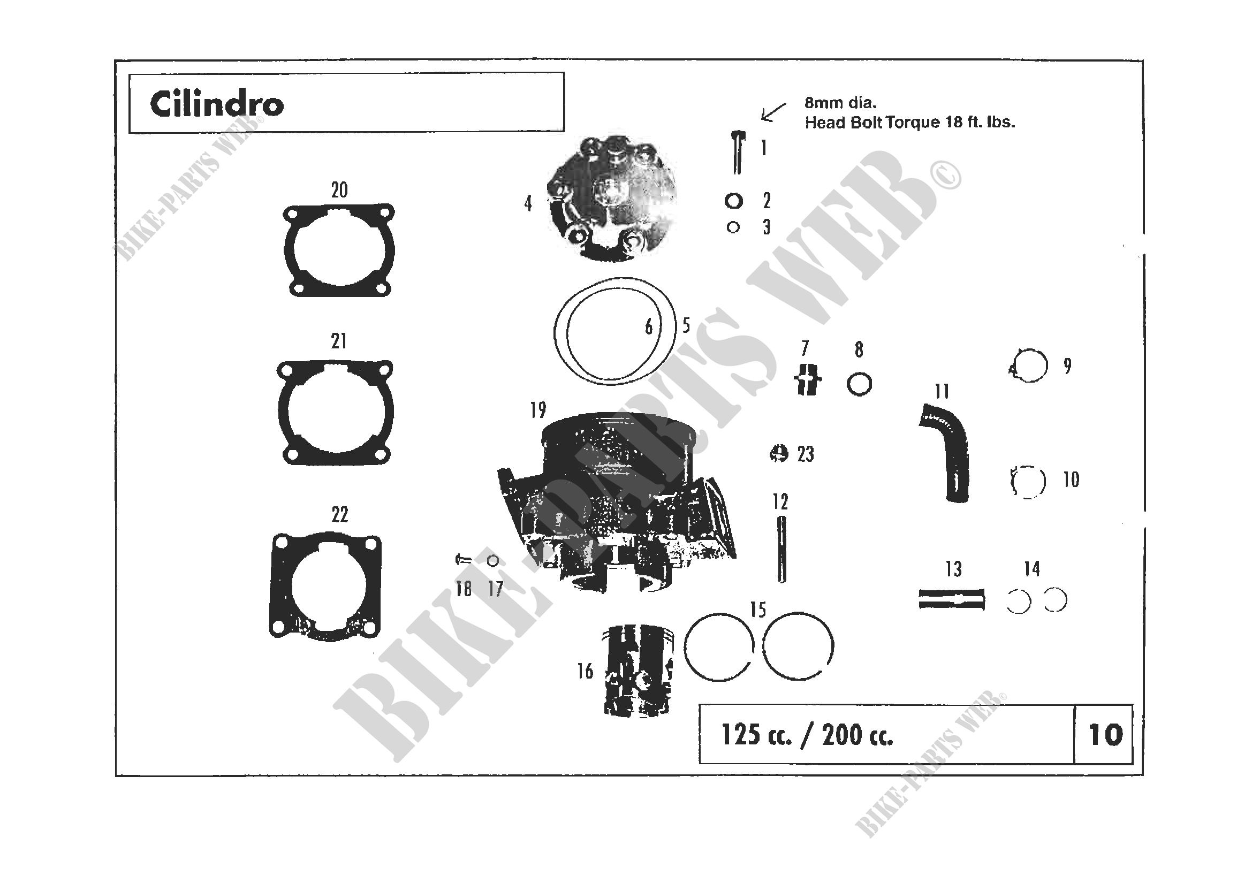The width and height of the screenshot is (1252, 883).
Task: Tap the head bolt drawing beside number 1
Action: (738, 153)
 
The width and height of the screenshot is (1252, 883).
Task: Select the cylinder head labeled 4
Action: (611, 199)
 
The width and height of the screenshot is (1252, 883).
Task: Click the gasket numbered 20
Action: (339, 250)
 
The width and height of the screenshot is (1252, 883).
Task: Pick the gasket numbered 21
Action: (335, 413)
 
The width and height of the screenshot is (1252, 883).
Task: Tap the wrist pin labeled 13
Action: (952, 599)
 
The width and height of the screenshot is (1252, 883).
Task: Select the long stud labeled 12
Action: (781, 550)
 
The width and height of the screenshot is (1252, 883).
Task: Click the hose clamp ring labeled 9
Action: (1028, 365)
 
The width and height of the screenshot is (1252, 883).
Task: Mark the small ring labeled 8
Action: (860, 384)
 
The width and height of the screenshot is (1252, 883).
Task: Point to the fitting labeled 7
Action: (808, 379)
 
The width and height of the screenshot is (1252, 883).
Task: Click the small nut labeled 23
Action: (779, 453)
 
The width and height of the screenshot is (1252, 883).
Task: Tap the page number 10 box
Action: (1103, 734)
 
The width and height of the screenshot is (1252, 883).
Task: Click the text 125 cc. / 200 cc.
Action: (807, 735)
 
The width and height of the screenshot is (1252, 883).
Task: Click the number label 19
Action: (537, 410)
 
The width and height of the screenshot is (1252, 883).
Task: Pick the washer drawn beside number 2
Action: (734, 201)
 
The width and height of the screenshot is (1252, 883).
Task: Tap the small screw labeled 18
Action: (463, 559)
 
